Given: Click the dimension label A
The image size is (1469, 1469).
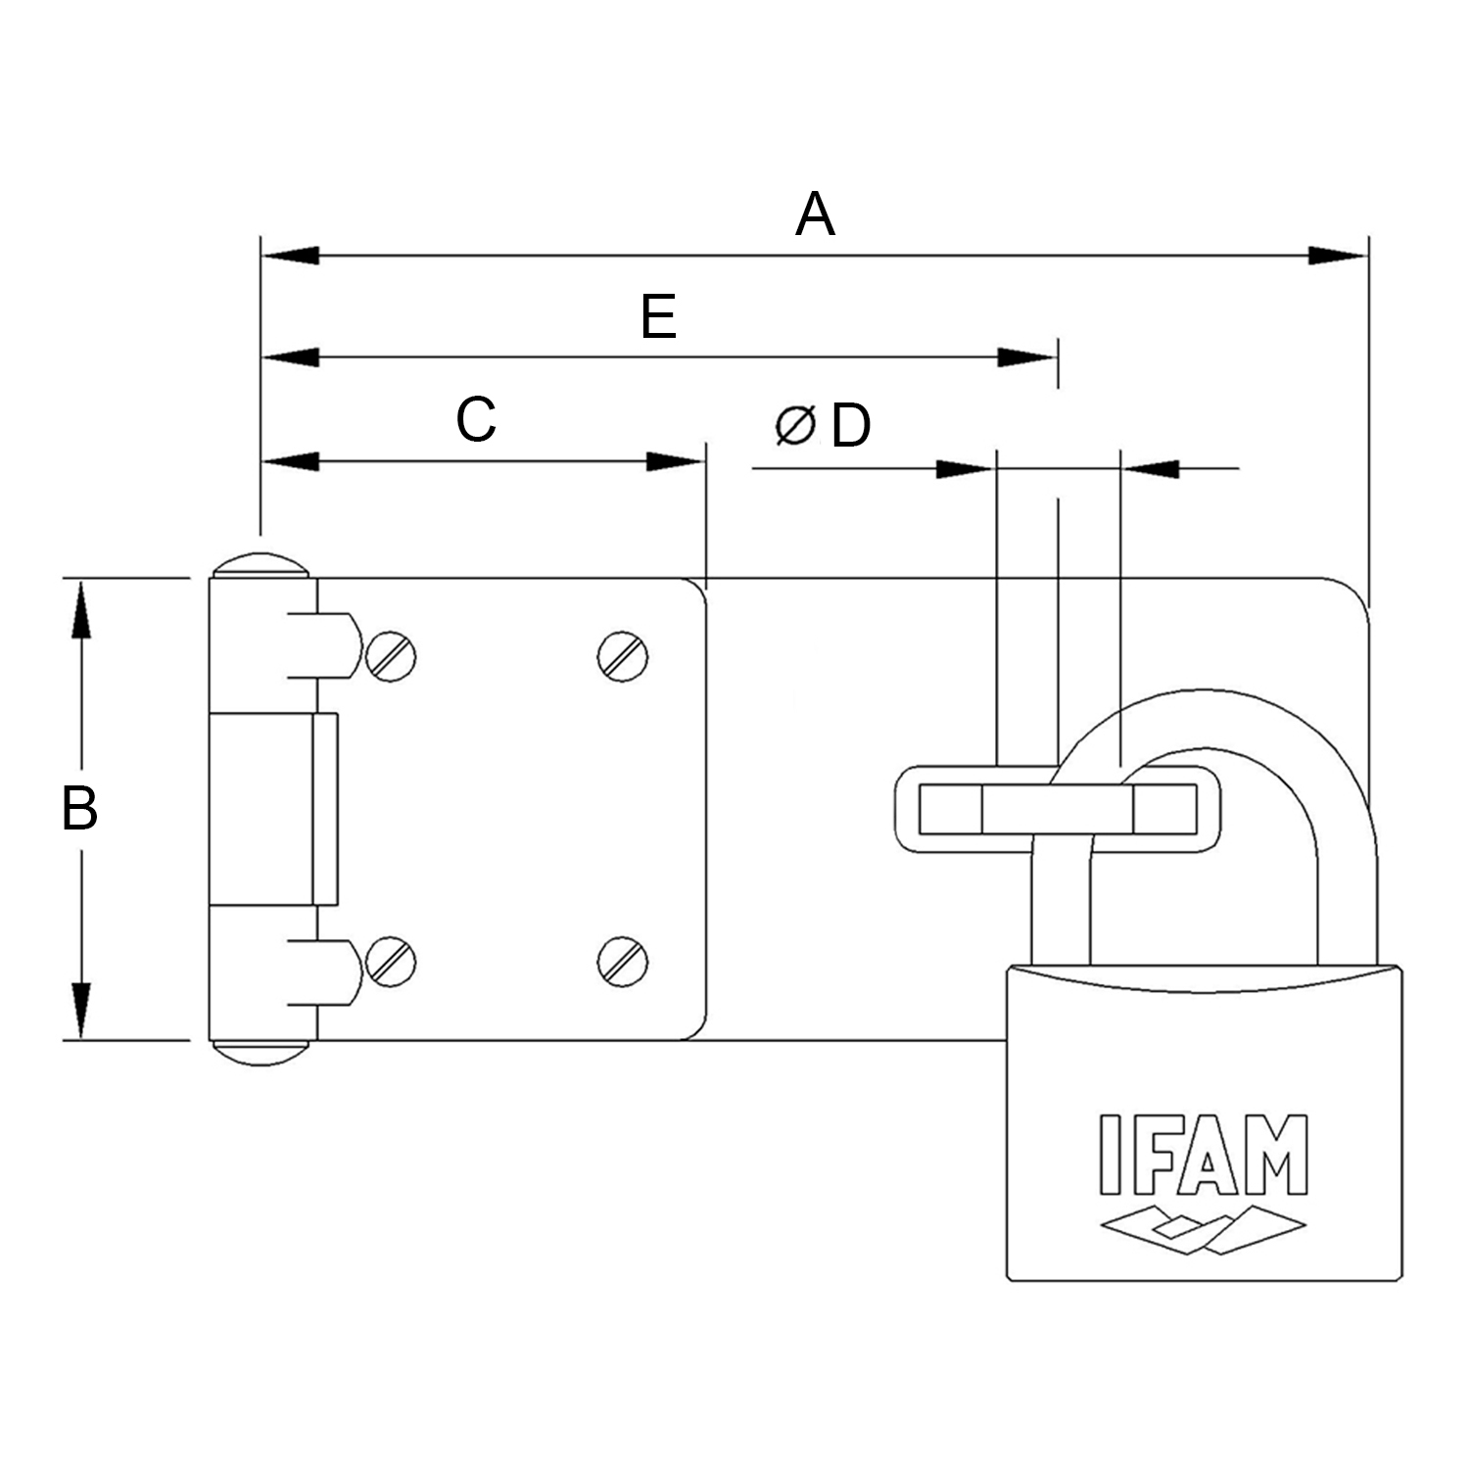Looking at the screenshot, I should pyautogui.click(x=815, y=215).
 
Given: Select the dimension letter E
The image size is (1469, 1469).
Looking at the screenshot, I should pyautogui.click(x=659, y=317).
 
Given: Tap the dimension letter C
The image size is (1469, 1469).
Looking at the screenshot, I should pyautogui.click(x=476, y=420).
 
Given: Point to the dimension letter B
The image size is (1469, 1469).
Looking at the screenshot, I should pyautogui.click(x=79, y=809).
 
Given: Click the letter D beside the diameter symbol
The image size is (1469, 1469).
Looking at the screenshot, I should pyautogui.click(x=850, y=427).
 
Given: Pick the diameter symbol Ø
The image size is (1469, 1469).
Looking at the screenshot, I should pyautogui.click(x=794, y=426).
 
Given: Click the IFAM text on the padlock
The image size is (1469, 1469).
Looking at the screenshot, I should pyautogui.click(x=1204, y=1155).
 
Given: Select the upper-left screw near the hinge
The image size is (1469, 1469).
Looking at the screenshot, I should pyautogui.click(x=391, y=655).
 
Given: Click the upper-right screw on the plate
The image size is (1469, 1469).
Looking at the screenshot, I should pyautogui.click(x=623, y=655).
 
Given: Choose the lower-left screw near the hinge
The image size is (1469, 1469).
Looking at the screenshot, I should pyautogui.click(x=391, y=961).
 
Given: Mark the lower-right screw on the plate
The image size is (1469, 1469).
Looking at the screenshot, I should pyautogui.click(x=623, y=961).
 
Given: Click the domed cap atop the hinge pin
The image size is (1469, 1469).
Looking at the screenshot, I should pyautogui.click(x=260, y=566).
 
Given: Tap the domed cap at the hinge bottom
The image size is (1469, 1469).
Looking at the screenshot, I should pyautogui.click(x=260, y=1053).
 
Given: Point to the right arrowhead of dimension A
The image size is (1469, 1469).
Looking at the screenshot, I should pyautogui.click(x=1338, y=256).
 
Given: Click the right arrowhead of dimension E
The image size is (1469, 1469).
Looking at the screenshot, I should pyautogui.click(x=1027, y=357).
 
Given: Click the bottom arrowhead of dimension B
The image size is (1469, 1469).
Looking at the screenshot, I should pyautogui.click(x=81, y=1010).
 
